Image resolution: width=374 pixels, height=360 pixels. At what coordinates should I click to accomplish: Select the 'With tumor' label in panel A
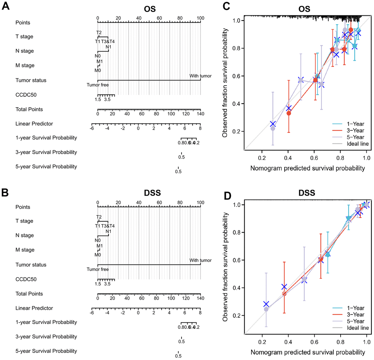[200, 76]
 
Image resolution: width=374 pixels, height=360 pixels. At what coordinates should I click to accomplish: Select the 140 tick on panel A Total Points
[200, 114]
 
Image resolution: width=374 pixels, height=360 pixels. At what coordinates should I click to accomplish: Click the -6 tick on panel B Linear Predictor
[92, 313]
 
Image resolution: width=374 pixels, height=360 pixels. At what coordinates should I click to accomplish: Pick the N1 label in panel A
[108, 47]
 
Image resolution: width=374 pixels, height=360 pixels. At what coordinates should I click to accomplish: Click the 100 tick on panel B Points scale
[200, 202]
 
